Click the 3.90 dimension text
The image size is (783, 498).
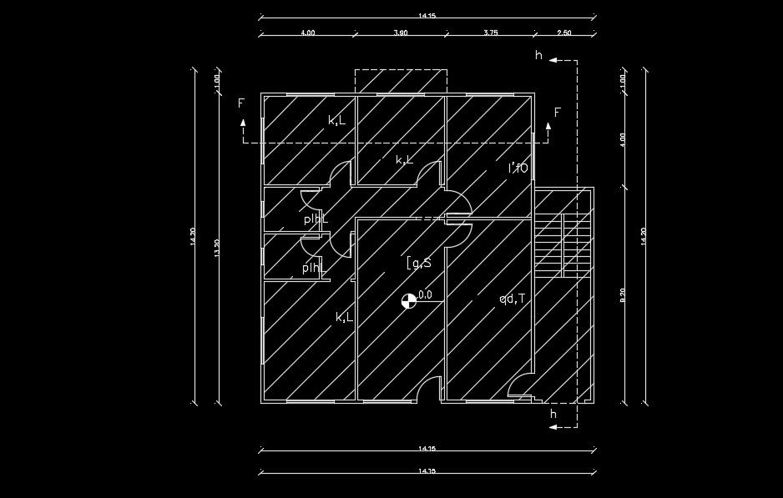(x=400, y=33)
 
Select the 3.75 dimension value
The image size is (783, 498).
(x=491, y=33)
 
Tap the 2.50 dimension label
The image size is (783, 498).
(x=563, y=33)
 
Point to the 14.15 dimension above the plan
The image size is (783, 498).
(x=427, y=15)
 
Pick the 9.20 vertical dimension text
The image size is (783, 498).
(x=623, y=295)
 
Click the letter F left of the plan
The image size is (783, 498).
(x=241, y=103)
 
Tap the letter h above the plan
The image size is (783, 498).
(x=539, y=56)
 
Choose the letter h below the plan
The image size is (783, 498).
(x=553, y=414)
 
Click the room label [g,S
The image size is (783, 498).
(x=419, y=264)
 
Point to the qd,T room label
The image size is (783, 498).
(x=512, y=299)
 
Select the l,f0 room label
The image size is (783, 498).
(x=518, y=168)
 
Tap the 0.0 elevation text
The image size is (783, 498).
(x=425, y=294)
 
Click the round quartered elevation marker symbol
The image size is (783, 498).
(x=408, y=301)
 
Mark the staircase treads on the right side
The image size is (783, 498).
(x=550, y=242)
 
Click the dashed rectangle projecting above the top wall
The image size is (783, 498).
(x=401, y=82)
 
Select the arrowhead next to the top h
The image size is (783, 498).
(x=553, y=61)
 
